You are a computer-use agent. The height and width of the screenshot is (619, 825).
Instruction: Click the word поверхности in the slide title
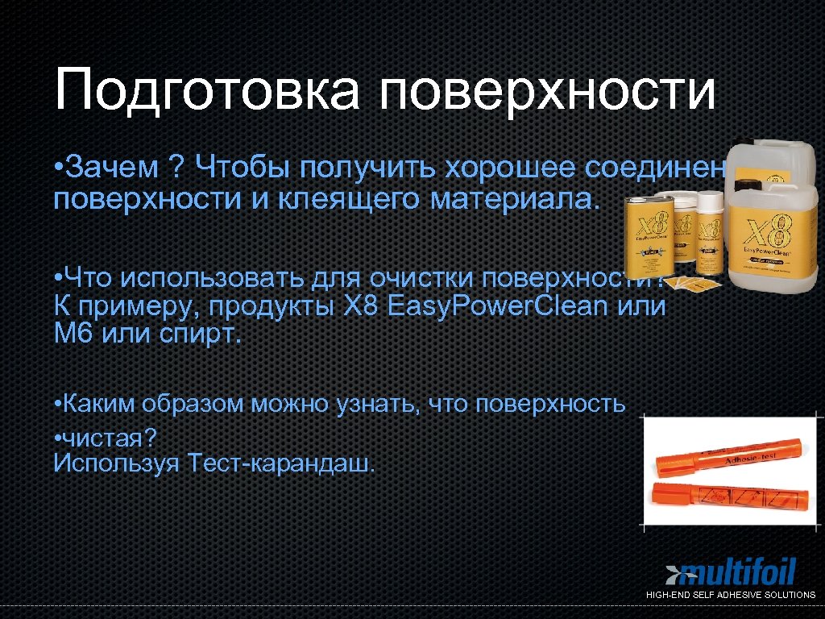[x=547, y=91]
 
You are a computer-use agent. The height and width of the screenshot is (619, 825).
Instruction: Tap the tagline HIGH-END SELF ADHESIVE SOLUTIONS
[x=731, y=595]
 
